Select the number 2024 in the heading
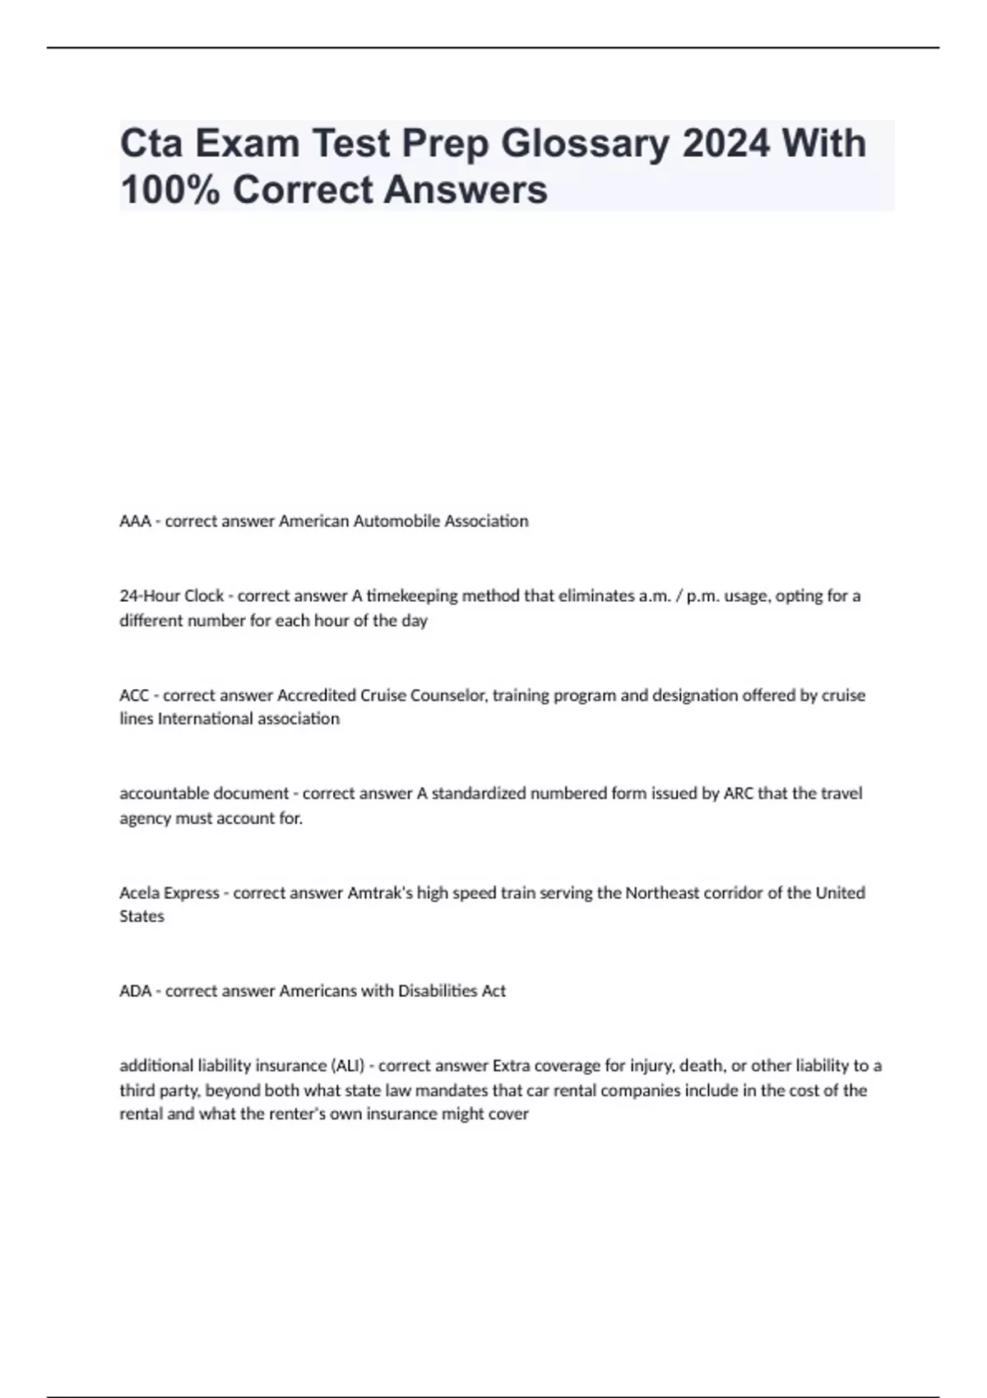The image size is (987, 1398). point(726,143)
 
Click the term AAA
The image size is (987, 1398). point(135,521)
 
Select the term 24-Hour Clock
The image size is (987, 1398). point(171,595)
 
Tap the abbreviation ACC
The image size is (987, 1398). point(134,696)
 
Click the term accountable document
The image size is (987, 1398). point(204,794)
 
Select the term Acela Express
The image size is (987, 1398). point(169,893)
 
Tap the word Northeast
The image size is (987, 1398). point(663,893)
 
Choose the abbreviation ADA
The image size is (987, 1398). point(136,992)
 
